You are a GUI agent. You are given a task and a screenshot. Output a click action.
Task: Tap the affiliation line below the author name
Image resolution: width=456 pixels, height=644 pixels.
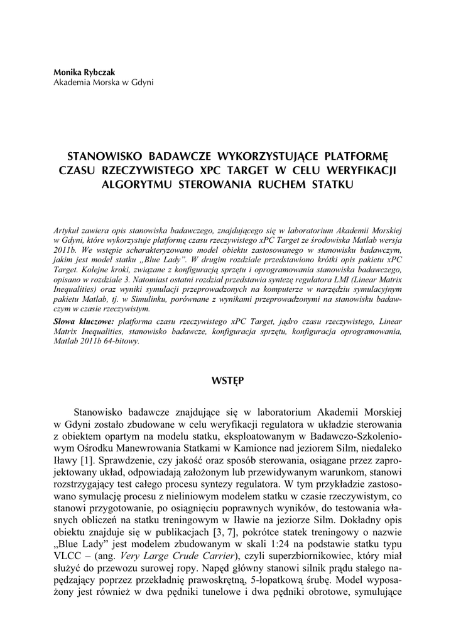(103, 82)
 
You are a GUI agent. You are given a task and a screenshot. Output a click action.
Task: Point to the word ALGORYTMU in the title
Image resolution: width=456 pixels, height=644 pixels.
(136, 184)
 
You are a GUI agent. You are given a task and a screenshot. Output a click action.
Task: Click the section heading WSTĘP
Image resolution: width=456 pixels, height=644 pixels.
(228, 380)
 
